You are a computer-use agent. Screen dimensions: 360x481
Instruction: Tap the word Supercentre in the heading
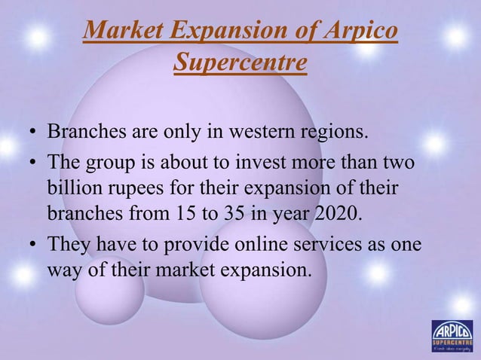(x=240, y=63)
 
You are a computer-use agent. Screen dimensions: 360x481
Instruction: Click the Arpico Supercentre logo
(x=452, y=337)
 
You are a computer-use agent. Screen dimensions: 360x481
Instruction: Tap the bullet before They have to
(x=33, y=249)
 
